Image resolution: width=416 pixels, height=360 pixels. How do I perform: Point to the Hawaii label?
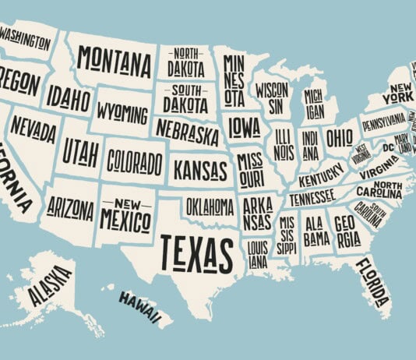click(145, 307)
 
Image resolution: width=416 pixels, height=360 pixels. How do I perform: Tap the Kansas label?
click(201, 169)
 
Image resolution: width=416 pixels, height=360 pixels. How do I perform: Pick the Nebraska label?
click(187, 132)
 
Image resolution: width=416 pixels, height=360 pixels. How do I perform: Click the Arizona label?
click(70, 208)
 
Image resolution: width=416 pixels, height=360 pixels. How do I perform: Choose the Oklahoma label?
click(210, 206)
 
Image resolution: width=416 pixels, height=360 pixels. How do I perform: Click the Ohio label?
click(339, 138)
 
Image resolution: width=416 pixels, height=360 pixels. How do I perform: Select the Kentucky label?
click(319, 170)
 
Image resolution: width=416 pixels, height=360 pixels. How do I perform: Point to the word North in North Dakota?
click(185, 53)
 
